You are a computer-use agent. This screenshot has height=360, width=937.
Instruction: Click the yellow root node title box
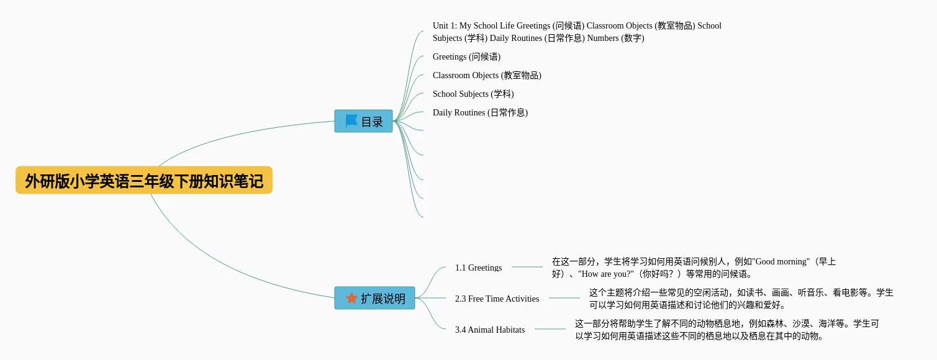[144, 180]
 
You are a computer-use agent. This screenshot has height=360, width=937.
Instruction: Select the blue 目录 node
[363, 121]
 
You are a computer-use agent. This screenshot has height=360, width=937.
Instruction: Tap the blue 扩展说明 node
[375, 298]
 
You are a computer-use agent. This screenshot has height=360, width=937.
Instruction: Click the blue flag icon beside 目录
[351, 121]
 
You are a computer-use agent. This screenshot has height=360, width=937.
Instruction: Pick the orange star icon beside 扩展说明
[351, 298]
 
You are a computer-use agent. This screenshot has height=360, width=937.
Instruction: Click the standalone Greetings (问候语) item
[466, 56]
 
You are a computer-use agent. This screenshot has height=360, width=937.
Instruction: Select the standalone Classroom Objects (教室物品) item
[487, 75]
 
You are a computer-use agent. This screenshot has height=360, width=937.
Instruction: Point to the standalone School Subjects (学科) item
[473, 94]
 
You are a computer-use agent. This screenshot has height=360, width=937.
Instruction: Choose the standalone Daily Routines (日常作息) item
[480, 112]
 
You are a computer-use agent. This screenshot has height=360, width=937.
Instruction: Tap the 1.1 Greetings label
[479, 268]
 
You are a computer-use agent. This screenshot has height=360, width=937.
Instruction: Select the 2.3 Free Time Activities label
[497, 299]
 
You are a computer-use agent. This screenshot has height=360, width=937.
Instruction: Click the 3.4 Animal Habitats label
[490, 330]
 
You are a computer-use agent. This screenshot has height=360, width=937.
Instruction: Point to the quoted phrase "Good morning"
[781, 262]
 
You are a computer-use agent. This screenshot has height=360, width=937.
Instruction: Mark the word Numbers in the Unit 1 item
[603, 38]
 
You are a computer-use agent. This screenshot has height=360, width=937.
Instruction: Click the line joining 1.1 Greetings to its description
[527, 267]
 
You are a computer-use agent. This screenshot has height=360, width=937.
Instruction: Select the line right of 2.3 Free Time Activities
[564, 298]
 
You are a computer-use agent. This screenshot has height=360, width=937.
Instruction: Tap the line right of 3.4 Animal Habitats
[550, 329]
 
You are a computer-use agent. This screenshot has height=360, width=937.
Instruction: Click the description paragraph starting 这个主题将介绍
[741, 299]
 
